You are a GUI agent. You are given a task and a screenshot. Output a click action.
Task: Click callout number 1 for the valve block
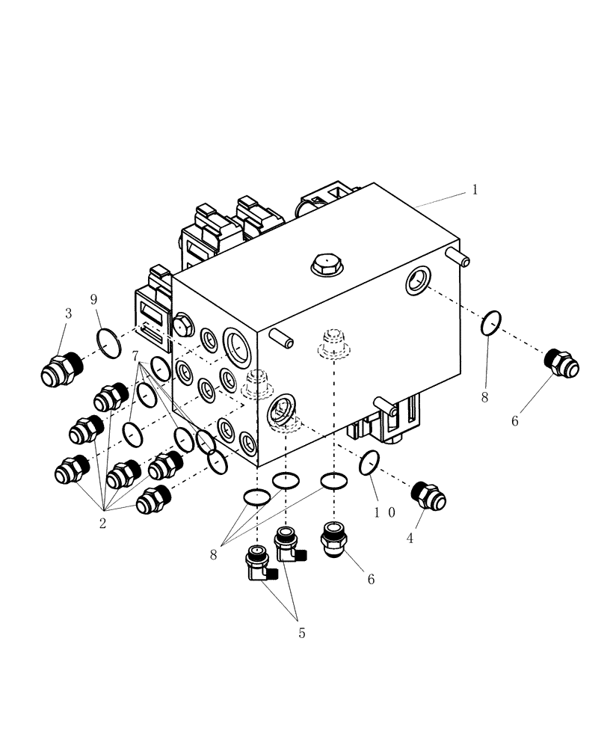(x=474, y=190)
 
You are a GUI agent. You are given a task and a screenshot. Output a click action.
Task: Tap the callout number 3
(x=68, y=313)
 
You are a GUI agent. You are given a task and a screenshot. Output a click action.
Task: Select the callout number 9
(x=94, y=300)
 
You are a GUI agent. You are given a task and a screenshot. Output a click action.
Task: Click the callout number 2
(x=102, y=523)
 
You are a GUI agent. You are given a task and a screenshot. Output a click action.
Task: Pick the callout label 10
(x=386, y=513)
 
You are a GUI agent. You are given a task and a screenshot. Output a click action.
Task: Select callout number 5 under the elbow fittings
(x=301, y=633)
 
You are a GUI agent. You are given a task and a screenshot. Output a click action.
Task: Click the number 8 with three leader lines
(x=215, y=554)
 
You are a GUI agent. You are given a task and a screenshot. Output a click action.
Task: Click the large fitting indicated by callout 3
(x=60, y=369)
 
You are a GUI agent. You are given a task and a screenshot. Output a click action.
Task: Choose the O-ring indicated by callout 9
(x=109, y=343)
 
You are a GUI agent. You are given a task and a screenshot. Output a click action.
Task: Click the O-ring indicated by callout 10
(x=369, y=463)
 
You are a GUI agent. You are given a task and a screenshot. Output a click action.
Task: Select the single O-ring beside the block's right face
(x=490, y=323)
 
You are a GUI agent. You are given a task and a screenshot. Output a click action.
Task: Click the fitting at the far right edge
(x=560, y=363)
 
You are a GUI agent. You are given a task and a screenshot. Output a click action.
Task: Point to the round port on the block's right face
(x=417, y=281)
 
